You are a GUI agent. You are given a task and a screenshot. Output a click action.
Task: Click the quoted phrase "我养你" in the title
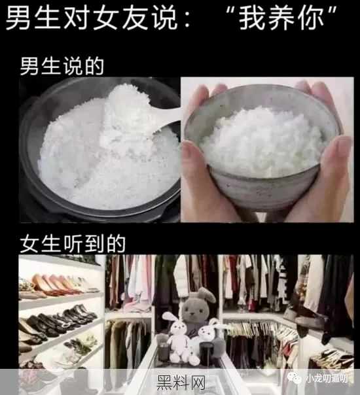(x=281, y=18)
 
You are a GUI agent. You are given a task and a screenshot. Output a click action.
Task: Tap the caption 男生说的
(x=62, y=66)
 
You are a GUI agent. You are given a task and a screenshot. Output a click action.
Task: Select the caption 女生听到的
(x=73, y=243)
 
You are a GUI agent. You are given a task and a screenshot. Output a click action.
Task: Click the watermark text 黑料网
(x=181, y=383)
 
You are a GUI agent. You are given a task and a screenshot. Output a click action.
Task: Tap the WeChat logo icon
(x=294, y=378)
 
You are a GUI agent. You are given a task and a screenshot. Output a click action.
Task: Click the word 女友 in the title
(x=120, y=18)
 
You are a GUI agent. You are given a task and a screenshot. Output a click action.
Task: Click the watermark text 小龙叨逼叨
(x=327, y=379)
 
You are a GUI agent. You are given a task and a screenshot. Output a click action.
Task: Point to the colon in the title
(x=187, y=20)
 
